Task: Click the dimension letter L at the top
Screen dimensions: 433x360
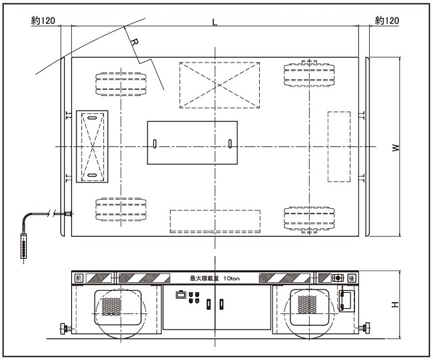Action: (215, 22)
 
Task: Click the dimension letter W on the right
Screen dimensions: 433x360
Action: (396, 148)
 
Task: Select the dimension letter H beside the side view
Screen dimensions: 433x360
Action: (395, 305)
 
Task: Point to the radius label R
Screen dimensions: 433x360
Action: (135, 43)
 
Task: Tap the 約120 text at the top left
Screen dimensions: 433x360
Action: (43, 21)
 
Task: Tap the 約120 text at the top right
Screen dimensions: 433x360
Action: (387, 21)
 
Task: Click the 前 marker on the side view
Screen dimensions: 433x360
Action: (79, 278)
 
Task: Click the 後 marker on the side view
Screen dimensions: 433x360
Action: (351, 278)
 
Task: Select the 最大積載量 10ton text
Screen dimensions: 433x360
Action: (215, 278)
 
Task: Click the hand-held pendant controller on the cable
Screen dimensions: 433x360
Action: (24, 246)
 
